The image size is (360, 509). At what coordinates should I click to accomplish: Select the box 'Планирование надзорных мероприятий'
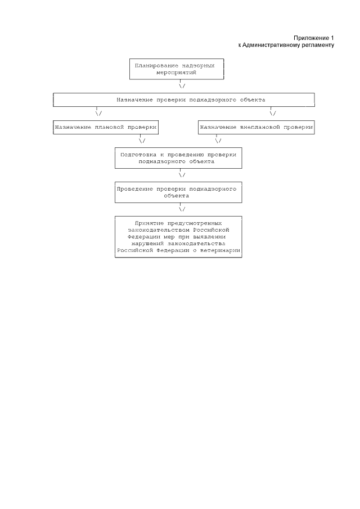(177, 69)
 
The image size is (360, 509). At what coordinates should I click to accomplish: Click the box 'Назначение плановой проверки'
(105, 127)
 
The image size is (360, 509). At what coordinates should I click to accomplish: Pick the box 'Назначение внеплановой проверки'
(256, 127)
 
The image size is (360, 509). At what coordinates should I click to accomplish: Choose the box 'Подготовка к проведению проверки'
(178, 157)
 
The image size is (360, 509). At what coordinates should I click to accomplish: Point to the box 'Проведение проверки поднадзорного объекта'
(178, 192)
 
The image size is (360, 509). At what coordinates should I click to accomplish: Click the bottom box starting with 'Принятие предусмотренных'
(178, 237)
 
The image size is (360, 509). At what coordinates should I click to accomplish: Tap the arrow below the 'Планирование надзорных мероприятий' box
(182, 86)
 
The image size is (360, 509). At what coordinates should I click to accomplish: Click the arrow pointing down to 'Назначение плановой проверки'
(99, 112)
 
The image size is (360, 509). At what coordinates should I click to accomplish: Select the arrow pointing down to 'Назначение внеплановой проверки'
(273, 112)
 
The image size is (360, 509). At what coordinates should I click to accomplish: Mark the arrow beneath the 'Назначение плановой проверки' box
(142, 141)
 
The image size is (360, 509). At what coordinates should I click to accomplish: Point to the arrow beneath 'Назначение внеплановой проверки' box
(218, 141)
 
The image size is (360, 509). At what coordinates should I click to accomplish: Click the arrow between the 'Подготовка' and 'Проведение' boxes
(182, 174)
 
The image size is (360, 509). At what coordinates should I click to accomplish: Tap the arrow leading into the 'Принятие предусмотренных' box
(182, 209)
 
